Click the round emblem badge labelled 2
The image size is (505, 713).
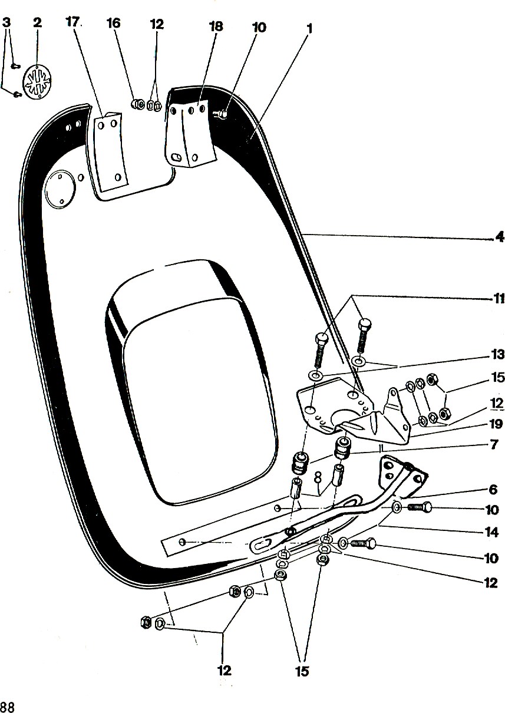click(x=37, y=81)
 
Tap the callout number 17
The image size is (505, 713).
click(x=72, y=22)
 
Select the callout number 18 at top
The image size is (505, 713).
click(x=216, y=27)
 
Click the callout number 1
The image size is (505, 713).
click(x=309, y=29)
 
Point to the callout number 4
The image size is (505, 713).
click(x=500, y=237)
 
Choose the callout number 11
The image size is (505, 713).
click(x=499, y=299)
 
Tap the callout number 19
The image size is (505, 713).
click(x=496, y=424)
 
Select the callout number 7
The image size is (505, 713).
click(x=494, y=445)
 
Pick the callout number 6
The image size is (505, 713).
click(x=493, y=490)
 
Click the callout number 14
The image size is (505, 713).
click(x=491, y=532)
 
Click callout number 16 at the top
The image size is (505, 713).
click(x=114, y=23)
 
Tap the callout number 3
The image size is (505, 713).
click(x=6, y=22)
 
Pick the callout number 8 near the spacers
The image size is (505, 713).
click(x=317, y=477)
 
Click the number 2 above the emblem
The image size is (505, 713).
click(x=37, y=22)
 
